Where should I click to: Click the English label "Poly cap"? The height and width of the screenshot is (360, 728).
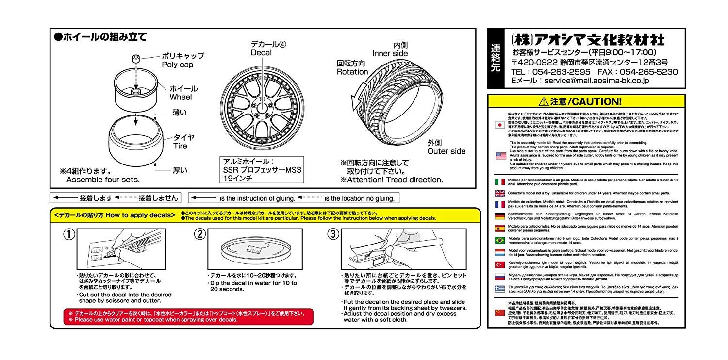pos(177,64)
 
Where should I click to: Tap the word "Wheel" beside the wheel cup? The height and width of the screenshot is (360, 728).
pos(181,97)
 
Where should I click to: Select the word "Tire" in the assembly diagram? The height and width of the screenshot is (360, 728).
pos(177,146)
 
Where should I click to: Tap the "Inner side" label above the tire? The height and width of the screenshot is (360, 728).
pos(390,53)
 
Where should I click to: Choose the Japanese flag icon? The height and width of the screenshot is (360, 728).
pos(499,125)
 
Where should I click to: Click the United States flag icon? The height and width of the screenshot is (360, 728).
pos(499,156)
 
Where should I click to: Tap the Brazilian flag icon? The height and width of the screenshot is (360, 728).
pos(499,240)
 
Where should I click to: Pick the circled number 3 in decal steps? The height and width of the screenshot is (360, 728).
pos(332,234)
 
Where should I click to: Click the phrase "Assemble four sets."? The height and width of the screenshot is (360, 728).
pos(103,180)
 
